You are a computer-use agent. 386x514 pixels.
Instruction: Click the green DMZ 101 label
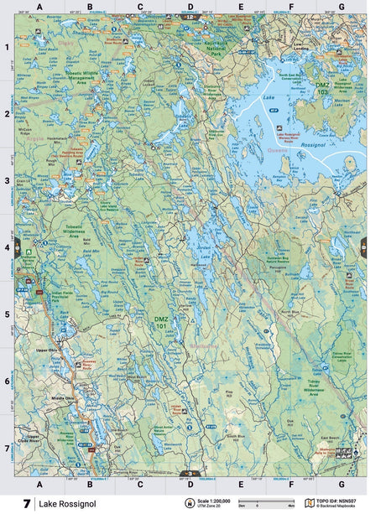161,319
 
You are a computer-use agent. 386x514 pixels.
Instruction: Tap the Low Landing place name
304,49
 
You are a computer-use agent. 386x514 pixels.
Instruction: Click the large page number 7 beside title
28,503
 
